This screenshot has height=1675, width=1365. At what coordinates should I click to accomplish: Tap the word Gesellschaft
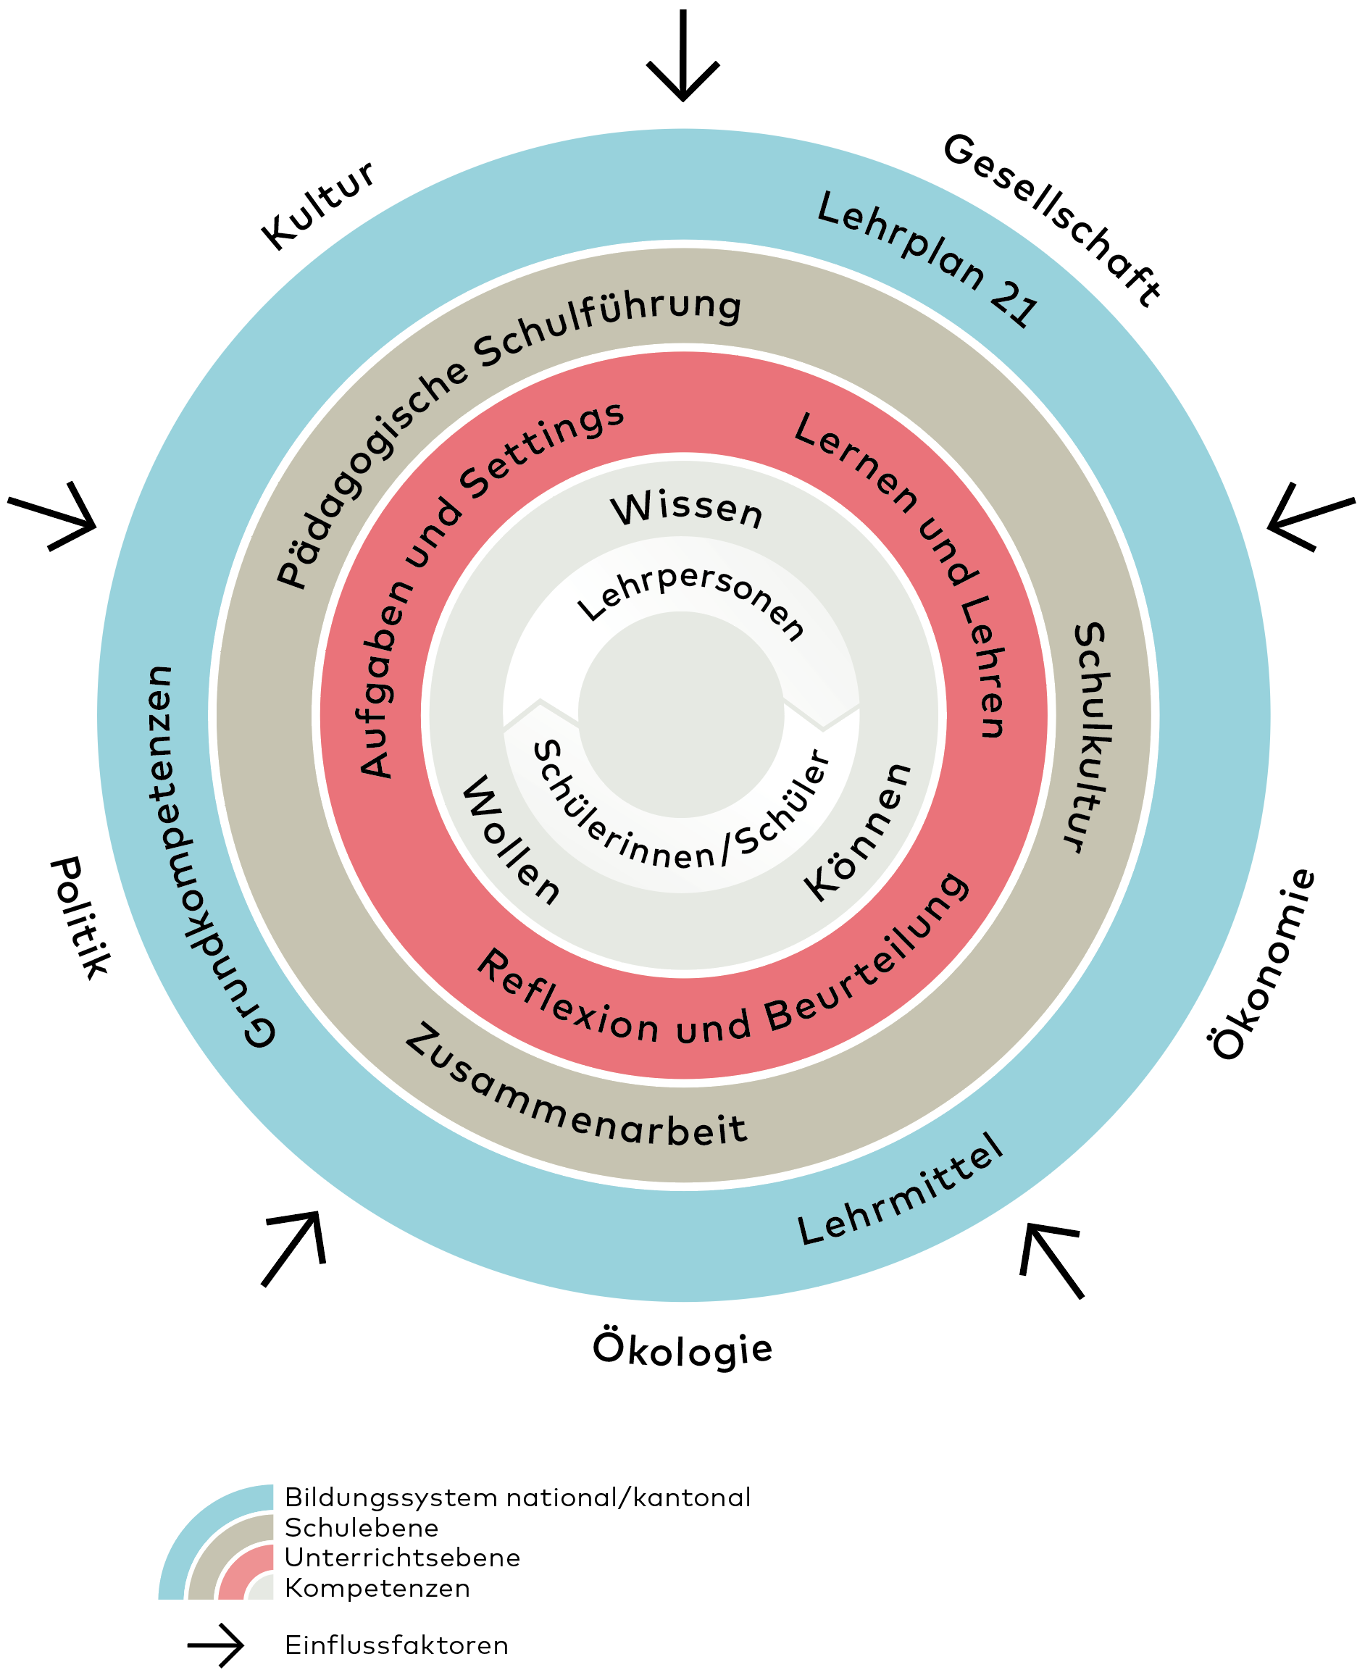(x=1051, y=219)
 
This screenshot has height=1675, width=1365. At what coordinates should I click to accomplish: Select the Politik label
(x=80, y=917)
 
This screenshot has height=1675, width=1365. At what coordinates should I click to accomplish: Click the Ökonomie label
(x=1262, y=964)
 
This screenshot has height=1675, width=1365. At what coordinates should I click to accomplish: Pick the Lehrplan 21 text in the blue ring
(x=928, y=258)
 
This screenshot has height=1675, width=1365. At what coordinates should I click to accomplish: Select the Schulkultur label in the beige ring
(x=1091, y=738)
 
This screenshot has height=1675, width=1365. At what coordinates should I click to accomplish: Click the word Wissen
(x=686, y=509)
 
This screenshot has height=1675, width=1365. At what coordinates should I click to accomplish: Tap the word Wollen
(x=510, y=839)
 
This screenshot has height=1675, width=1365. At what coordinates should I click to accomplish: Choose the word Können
(x=858, y=832)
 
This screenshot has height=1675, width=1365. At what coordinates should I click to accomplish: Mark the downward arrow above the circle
(x=682, y=55)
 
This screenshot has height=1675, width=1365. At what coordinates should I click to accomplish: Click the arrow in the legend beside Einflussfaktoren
(x=215, y=1645)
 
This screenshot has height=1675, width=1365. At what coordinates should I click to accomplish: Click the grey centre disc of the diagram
(x=682, y=714)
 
